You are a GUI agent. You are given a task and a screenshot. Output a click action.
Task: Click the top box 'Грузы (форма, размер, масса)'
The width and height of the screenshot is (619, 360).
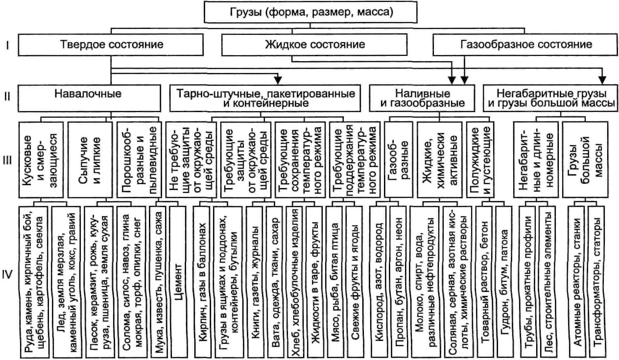(x=310, y=12)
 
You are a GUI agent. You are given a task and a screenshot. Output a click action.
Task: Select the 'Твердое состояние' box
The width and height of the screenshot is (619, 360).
(x=111, y=45)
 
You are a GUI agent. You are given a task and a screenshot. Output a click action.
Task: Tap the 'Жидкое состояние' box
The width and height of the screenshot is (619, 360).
(x=314, y=45)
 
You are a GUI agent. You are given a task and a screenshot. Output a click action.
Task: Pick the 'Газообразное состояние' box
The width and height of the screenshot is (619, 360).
(x=525, y=45)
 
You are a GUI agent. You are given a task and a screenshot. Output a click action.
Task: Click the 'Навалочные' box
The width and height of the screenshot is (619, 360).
(x=89, y=98)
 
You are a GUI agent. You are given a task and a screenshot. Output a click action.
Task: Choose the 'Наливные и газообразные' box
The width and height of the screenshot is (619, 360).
(x=422, y=98)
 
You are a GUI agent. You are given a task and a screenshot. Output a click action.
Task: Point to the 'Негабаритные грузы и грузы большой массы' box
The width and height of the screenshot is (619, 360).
(x=550, y=98)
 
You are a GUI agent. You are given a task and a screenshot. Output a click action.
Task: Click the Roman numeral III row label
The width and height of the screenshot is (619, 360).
(x=7, y=160)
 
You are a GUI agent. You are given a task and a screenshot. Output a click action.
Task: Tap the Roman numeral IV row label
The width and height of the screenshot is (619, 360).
(x=7, y=274)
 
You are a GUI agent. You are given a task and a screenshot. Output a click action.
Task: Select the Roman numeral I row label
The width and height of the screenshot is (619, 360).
(x=7, y=45)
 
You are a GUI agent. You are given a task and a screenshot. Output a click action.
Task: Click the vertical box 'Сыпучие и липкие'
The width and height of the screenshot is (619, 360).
(x=90, y=160)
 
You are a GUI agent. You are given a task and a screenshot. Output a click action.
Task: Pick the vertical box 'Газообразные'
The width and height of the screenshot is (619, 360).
(x=398, y=160)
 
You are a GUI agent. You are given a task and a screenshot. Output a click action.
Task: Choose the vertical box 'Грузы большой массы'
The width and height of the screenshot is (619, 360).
(x=585, y=160)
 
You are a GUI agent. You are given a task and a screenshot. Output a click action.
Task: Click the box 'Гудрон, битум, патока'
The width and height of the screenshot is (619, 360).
(x=504, y=282)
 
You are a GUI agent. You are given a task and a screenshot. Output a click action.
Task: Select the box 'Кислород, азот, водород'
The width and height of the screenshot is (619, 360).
(x=378, y=282)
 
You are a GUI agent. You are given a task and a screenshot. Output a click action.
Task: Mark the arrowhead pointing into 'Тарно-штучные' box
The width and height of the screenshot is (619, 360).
(x=278, y=80)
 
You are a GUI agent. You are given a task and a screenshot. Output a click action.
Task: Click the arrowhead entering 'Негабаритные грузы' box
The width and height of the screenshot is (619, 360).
(x=602, y=80)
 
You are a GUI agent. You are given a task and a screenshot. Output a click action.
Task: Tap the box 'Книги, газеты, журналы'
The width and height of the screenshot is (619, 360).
(x=255, y=282)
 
